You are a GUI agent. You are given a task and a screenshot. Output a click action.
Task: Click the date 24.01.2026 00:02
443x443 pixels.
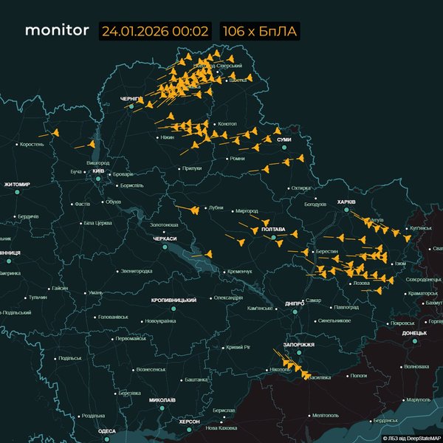(156, 32)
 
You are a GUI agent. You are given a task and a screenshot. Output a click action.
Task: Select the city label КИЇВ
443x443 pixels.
(97, 171)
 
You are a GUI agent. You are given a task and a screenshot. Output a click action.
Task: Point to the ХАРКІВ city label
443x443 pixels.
(346, 201)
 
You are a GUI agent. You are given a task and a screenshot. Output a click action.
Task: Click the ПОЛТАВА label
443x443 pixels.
(273, 230)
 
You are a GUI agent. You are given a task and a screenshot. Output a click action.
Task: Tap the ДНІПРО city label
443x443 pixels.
(295, 303)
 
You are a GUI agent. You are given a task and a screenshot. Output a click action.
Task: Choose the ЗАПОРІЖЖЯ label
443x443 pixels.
(298, 345)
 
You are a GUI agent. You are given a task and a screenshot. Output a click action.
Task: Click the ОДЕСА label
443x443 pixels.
(107, 431)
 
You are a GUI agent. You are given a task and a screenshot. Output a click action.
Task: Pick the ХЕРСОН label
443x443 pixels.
(189, 421)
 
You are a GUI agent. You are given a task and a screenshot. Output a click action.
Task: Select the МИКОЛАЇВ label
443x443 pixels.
(162, 400)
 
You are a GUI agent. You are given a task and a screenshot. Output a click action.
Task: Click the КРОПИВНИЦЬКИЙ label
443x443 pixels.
(174, 301)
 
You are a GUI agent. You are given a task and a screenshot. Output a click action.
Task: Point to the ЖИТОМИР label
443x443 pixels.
(16, 185)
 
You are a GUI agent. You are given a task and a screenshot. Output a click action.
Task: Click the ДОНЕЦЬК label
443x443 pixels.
(414, 333)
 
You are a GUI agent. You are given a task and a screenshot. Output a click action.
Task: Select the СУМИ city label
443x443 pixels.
(284, 140)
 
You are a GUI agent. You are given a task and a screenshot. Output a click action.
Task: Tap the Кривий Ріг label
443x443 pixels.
(238, 347)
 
